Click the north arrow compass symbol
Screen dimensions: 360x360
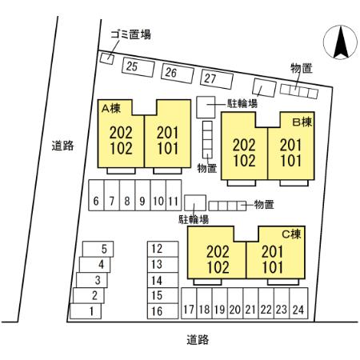(x=340, y=42)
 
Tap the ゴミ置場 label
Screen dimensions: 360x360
(x=130, y=34)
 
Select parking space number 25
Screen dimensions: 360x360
(x=138, y=67)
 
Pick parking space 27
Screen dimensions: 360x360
(x=217, y=79)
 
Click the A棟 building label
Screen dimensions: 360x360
(x=111, y=109)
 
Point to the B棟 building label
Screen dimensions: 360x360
(x=302, y=122)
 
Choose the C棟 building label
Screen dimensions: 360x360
(x=291, y=234)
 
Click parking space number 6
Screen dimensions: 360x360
(x=96, y=195)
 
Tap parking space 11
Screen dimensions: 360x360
(x=174, y=195)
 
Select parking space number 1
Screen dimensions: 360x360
(x=86, y=311)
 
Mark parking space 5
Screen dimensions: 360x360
(x=98, y=249)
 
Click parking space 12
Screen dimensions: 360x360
(x=163, y=249)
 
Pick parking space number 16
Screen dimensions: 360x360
(x=163, y=311)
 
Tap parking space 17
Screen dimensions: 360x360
(x=189, y=303)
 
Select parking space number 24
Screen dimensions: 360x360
(x=298, y=303)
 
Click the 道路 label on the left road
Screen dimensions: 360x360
(x=62, y=146)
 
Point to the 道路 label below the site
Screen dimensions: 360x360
(x=198, y=340)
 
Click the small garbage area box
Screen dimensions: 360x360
(x=107, y=58)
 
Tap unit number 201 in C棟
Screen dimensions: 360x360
(x=272, y=252)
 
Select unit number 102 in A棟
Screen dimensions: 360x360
(x=121, y=149)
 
